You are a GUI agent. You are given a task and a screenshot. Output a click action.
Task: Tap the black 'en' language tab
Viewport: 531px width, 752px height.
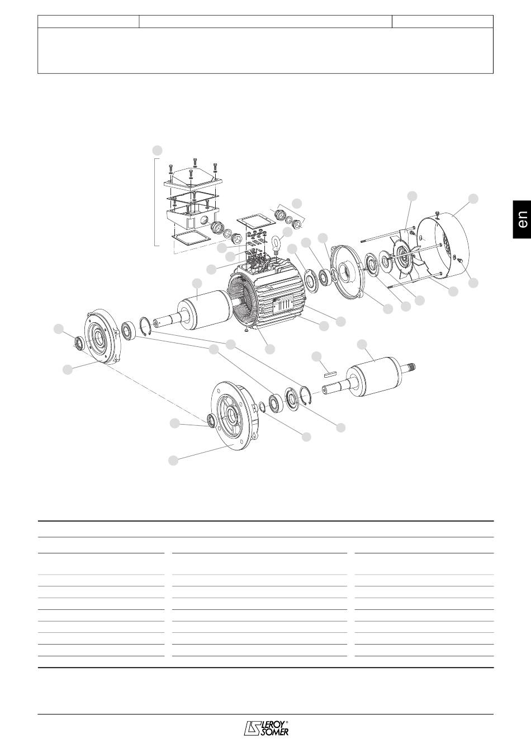[x=522, y=219]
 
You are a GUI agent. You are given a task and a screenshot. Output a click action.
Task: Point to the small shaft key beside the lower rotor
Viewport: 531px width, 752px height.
[x=330, y=373]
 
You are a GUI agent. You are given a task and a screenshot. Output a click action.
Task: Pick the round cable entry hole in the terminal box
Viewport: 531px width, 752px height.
[x=203, y=220]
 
